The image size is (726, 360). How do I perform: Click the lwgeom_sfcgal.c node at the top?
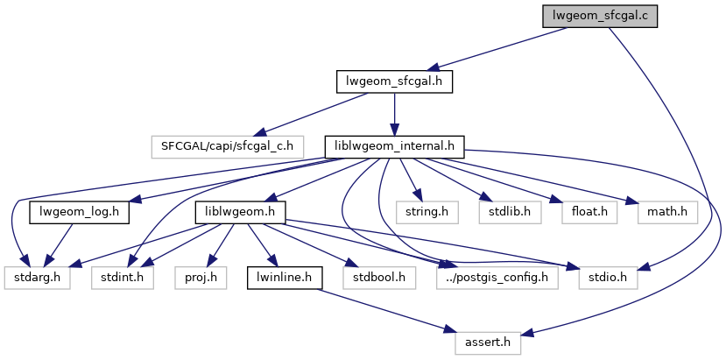(599, 16)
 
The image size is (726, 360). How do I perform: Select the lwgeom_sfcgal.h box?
(394, 81)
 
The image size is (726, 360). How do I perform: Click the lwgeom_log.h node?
(80, 211)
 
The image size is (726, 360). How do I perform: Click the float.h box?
(584, 211)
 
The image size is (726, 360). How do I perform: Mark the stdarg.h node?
(38, 278)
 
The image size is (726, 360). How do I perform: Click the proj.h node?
(201, 278)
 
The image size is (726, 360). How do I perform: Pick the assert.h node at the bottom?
(486, 343)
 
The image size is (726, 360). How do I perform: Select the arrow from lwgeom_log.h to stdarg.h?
(59, 244)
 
